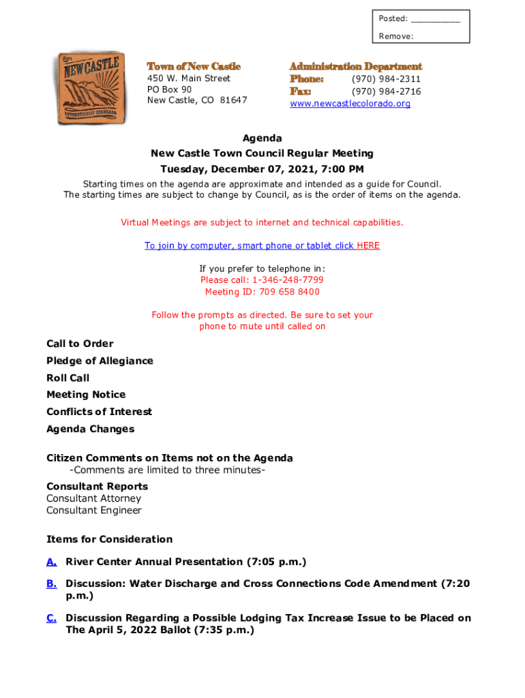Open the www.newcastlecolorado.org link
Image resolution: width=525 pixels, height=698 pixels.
point(350,104)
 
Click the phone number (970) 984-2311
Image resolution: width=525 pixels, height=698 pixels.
point(386,79)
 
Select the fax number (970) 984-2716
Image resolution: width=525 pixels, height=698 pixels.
point(386,91)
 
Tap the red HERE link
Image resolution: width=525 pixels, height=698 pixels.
point(368,245)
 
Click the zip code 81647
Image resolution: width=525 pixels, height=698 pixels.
point(233,100)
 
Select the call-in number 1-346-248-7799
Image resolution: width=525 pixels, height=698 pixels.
point(288,280)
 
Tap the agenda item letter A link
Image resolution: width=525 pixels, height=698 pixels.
point(51,562)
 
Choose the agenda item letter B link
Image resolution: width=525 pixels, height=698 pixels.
point(51,584)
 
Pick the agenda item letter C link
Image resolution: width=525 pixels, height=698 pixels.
point(51,618)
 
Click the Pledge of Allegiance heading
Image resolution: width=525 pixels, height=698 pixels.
point(100,361)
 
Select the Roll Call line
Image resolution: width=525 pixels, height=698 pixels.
point(67,378)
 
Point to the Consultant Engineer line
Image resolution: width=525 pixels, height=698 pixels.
point(94,511)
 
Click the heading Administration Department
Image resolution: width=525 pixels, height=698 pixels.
point(355,66)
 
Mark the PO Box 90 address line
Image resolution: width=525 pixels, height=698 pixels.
point(169,89)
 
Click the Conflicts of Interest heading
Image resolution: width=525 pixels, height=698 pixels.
point(99,412)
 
